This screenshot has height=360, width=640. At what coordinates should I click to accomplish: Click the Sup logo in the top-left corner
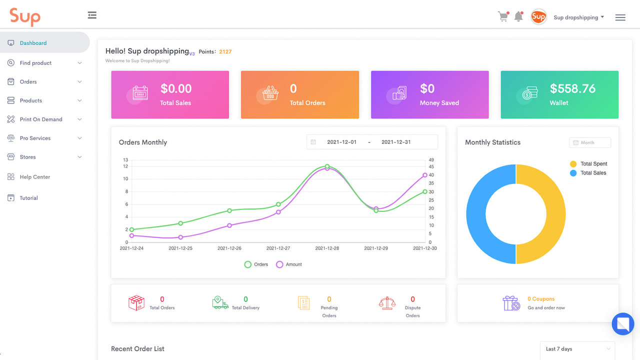(25, 16)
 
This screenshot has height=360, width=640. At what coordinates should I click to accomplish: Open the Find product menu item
(35, 63)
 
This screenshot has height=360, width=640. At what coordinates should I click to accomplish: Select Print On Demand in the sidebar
(41, 119)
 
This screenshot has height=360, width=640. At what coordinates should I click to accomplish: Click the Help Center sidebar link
(34, 177)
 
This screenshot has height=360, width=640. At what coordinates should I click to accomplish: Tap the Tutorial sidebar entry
(28, 198)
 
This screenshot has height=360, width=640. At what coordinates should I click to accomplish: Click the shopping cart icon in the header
(503, 17)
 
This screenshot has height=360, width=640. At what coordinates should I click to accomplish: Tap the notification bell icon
(518, 17)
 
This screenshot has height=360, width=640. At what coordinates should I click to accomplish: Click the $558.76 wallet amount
(572, 89)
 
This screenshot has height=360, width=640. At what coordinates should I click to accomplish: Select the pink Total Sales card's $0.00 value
(176, 89)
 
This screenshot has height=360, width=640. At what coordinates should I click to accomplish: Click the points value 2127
(225, 51)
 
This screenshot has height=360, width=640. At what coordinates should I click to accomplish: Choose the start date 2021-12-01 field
(341, 142)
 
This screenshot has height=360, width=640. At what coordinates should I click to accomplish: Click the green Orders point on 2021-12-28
(327, 166)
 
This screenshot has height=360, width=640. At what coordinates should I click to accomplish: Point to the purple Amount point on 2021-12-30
(425, 175)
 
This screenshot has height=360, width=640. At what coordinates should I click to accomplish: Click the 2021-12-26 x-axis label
(229, 248)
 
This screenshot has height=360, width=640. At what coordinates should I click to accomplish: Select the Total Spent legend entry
(593, 164)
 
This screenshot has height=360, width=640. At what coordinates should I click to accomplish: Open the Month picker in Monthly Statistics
(590, 142)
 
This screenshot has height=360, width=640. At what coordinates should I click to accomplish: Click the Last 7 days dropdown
(577, 349)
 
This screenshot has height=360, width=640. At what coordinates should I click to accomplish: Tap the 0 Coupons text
(541, 299)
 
